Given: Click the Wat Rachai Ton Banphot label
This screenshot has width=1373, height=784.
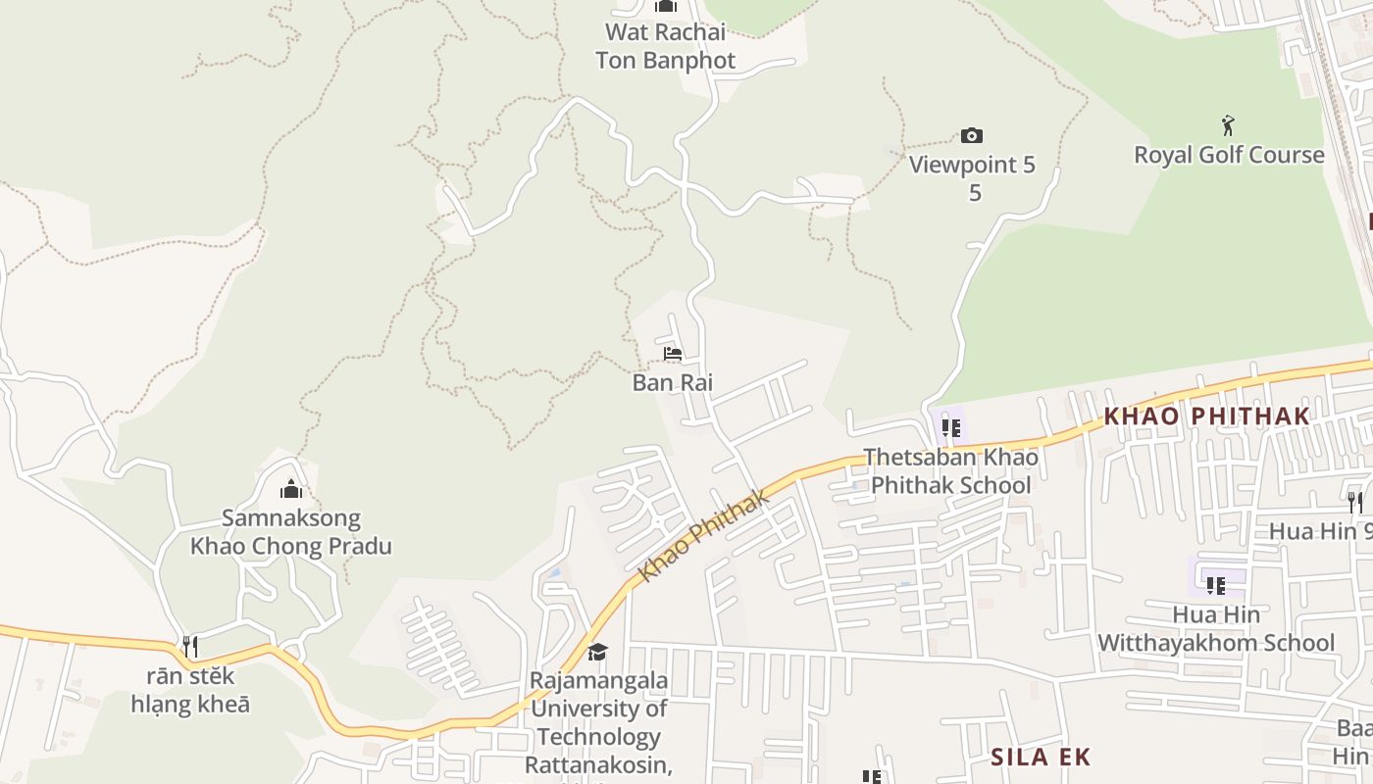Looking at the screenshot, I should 665,46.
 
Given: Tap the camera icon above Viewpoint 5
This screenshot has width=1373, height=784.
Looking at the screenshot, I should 971,135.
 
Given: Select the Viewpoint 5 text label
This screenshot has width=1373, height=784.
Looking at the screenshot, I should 972,165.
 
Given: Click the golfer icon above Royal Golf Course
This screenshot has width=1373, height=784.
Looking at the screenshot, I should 1228,125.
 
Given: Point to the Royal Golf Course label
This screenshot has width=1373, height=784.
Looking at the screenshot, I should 1229,155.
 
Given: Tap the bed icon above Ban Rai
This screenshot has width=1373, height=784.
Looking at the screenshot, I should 672,354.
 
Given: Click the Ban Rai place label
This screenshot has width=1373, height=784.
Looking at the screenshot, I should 672,382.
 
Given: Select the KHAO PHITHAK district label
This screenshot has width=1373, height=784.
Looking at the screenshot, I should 1206,416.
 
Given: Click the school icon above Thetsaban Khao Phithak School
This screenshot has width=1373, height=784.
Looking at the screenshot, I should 950,427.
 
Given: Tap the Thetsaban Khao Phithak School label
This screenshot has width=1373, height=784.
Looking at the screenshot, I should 950,470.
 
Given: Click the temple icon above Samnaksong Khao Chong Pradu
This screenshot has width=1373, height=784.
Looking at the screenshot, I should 291,489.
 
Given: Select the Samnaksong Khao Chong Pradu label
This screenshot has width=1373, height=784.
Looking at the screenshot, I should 291,532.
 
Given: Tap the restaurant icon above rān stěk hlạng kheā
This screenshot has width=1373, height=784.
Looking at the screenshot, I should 190,647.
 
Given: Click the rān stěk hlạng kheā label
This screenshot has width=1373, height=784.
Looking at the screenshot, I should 190,690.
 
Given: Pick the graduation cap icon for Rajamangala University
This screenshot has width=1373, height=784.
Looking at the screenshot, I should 597,652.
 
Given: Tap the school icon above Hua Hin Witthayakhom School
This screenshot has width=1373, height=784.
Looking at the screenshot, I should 1216,586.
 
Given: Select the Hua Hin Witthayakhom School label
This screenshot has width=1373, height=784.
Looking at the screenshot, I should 1216,628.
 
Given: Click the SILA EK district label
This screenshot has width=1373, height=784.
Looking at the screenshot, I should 1041,757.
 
